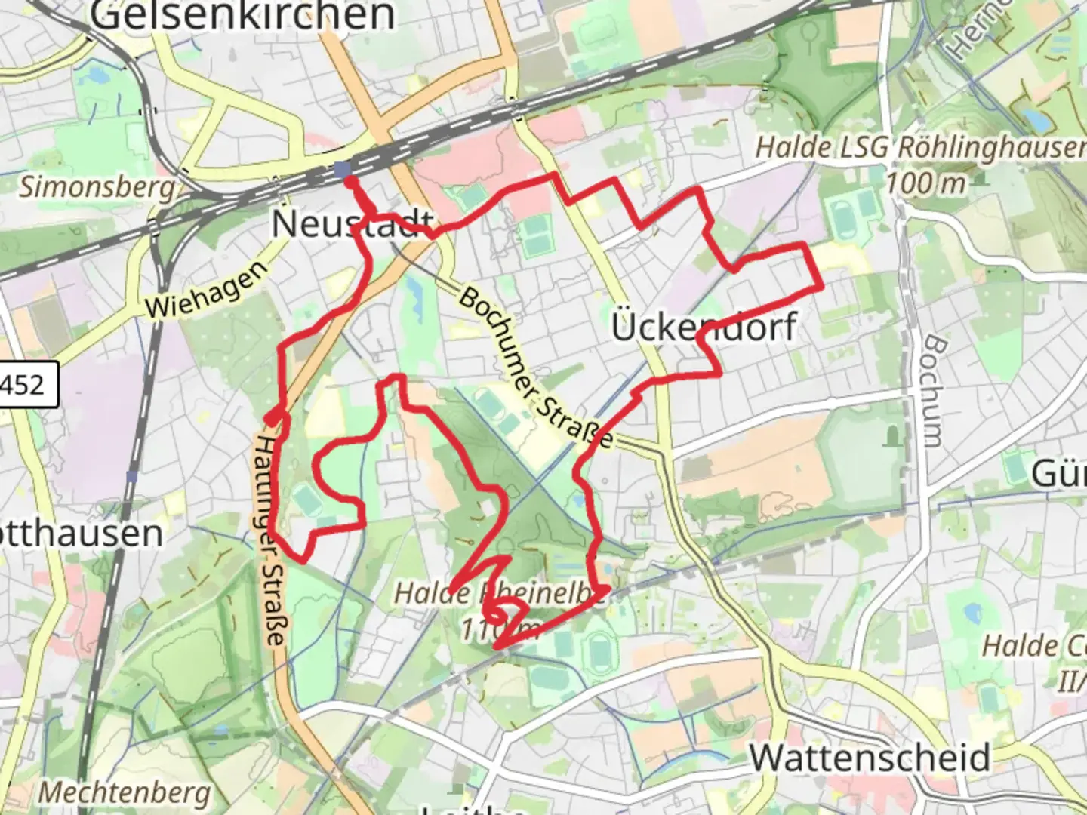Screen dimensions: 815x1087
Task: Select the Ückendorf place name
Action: (704, 328)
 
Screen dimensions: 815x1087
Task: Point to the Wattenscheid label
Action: (870, 758)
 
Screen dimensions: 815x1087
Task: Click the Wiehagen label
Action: (206, 290)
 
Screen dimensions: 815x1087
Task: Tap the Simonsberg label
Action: (97, 186)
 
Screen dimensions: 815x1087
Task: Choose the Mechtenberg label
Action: (125, 793)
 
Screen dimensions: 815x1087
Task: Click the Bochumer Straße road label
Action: (534, 367)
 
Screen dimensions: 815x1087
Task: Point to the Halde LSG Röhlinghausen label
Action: (921, 148)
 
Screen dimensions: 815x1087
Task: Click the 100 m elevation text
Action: (925, 183)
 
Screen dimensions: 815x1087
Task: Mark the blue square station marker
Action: (342, 169)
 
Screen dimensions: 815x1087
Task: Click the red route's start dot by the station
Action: (351, 182)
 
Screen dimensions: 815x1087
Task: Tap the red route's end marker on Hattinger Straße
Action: (272, 417)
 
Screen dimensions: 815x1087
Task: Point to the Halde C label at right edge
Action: (1034, 646)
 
